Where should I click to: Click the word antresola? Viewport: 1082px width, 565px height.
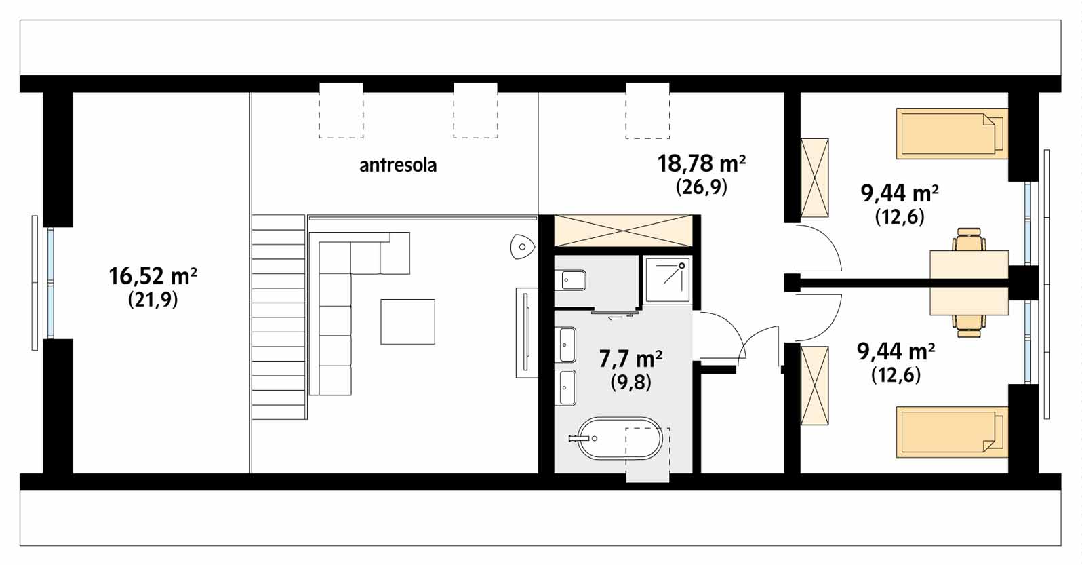(x=398, y=165)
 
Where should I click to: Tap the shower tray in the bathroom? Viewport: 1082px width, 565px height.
(x=667, y=280)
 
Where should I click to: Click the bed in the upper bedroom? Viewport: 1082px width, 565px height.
(x=952, y=134)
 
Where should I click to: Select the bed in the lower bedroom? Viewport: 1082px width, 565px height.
(x=952, y=432)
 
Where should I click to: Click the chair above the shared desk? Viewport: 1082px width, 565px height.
(x=969, y=239)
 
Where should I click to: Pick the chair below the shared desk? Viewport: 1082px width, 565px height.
(x=969, y=326)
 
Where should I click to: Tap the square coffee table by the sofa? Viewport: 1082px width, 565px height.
(x=407, y=322)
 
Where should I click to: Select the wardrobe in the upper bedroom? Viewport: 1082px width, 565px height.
(x=815, y=178)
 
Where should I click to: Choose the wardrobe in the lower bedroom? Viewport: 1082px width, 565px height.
(x=815, y=386)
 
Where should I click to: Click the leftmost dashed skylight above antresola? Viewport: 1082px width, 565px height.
(x=341, y=111)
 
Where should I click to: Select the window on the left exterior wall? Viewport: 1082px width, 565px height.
(x=43, y=283)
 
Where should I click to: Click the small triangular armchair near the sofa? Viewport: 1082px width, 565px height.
(x=522, y=247)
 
